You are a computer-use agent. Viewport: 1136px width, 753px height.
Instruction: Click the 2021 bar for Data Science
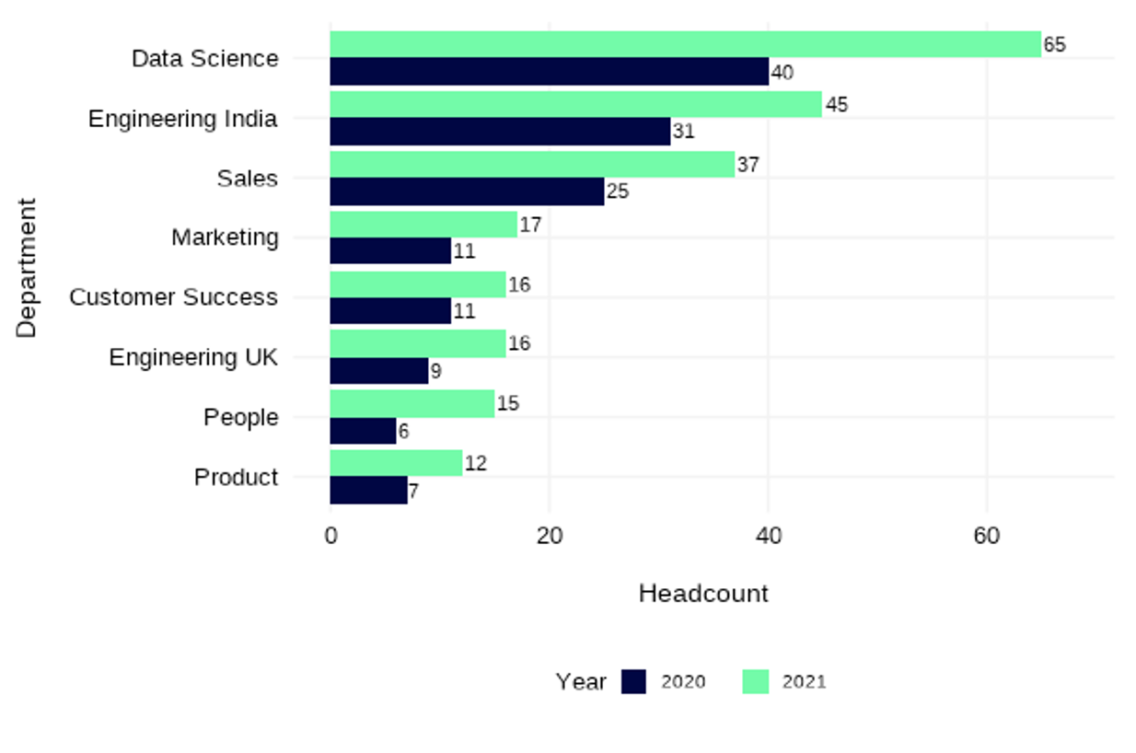[x=685, y=44]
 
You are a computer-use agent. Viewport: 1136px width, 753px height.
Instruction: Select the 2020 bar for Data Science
[x=549, y=72]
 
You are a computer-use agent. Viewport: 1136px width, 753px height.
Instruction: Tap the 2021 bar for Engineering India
[x=575, y=104]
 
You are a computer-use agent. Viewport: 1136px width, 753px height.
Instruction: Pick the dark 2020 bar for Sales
[x=467, y=191]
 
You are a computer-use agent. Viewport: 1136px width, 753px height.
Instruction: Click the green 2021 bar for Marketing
[x=423, y=224]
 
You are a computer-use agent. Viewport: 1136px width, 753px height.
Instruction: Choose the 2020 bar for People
[x=363, y=431]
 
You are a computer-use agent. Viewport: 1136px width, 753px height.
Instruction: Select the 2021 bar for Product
[x=396, y=463]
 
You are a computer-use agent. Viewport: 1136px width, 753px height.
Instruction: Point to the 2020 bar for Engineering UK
[x=379, y=371]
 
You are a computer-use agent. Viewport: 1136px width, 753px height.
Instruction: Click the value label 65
[x=1054, y=44]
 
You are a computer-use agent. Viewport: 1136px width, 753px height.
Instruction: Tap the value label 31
[x=683, y=132]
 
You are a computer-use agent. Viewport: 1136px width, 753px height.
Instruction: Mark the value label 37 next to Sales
[x=748, y=165]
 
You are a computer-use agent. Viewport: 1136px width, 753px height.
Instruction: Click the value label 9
[x=435, y=371]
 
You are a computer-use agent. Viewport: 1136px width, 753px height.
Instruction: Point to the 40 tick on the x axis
[x=768, y=536]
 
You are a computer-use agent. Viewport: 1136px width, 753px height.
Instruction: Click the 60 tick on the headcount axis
[x=986, y=536]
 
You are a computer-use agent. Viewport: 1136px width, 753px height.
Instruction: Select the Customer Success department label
[x=173, y=297]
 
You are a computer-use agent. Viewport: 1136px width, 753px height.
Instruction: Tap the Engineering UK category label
[x=193, y=357]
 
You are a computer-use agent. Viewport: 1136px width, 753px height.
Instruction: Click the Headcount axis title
[x=703, y=594]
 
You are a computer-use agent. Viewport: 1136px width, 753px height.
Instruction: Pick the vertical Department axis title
[x=28, y=267]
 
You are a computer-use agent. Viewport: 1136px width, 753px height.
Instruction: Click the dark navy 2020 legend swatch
[x=634, y=681]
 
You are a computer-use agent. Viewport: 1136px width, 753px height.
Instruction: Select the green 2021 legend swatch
[x=756, y=681]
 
